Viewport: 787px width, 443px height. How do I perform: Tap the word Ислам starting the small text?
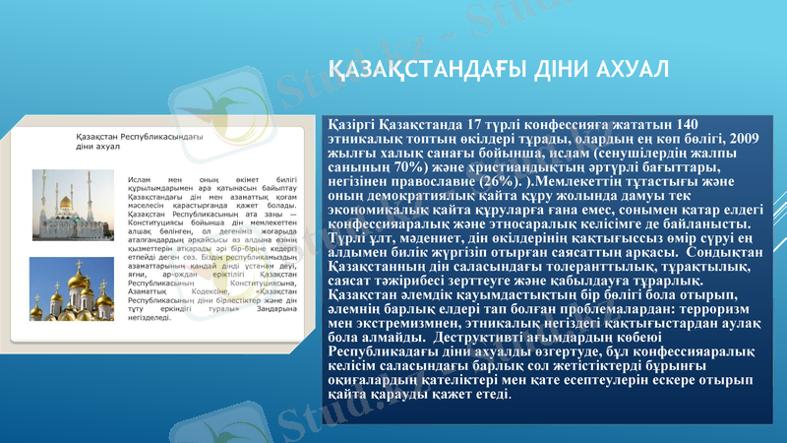point(140,181)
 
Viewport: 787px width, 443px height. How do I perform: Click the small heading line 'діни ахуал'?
point(98,146)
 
